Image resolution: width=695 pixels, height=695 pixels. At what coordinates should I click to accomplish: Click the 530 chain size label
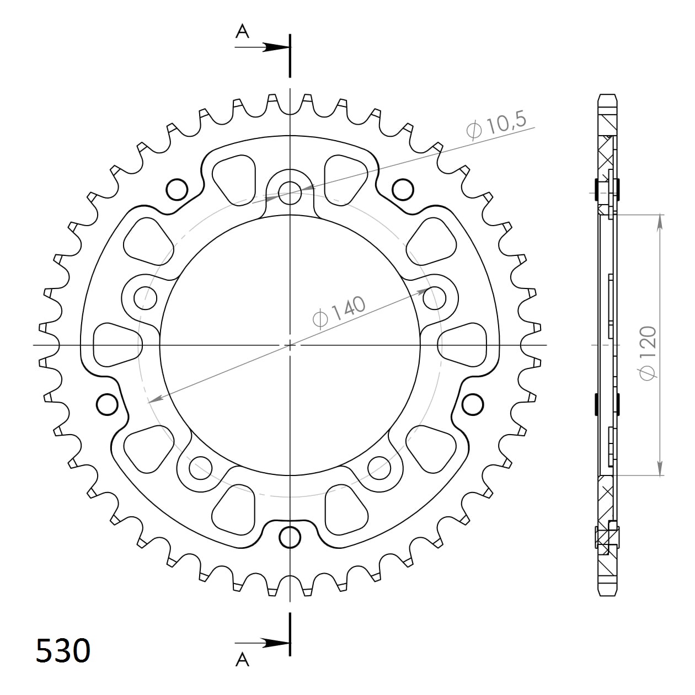point(63,650)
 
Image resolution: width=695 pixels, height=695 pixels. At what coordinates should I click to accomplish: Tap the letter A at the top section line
point(242,32)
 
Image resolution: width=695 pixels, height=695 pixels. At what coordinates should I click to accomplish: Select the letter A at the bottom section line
point(242,659)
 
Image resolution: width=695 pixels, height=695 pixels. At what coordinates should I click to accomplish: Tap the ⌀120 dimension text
point(648,353)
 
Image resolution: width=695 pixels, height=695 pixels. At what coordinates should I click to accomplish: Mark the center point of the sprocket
point(290,345)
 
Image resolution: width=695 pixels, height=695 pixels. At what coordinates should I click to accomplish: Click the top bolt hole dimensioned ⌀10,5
point(290,193)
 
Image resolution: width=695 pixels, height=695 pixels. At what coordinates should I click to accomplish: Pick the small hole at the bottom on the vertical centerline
point(290,536)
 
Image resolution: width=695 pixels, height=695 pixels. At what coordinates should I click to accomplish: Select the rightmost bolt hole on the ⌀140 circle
point(434,298)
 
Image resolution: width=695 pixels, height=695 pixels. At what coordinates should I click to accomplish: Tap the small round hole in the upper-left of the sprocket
point(177,189)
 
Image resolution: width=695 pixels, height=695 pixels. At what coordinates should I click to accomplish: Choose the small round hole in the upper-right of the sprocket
point(403,189)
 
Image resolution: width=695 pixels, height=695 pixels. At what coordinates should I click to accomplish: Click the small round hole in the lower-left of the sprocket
point(108,404)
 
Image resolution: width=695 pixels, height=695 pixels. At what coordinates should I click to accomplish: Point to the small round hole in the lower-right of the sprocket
point(472,404)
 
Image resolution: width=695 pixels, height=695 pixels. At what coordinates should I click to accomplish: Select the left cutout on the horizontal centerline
point(116,345)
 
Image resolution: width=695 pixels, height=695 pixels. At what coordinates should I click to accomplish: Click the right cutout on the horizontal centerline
point(463,345)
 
